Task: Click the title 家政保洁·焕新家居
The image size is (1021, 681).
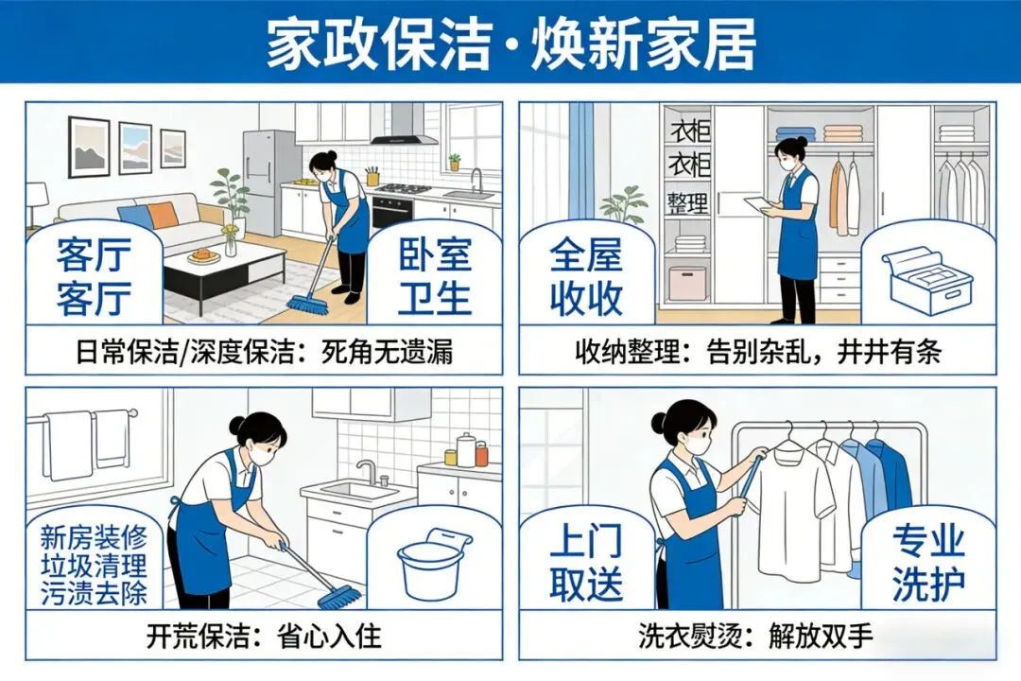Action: click(x=511, y=43)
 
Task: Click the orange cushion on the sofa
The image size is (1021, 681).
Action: click(x=163, y=216)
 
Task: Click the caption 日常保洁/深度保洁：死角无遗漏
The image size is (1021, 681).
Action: click(x=264, y=353)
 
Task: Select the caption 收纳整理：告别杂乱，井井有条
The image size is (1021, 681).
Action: click(x=758, y=353)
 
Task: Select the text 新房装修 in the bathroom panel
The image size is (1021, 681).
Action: click(x=94, y=537)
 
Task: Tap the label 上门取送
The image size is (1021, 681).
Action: click(x=587, y=565)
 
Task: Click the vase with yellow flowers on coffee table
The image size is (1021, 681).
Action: click(x=231, y=240)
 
